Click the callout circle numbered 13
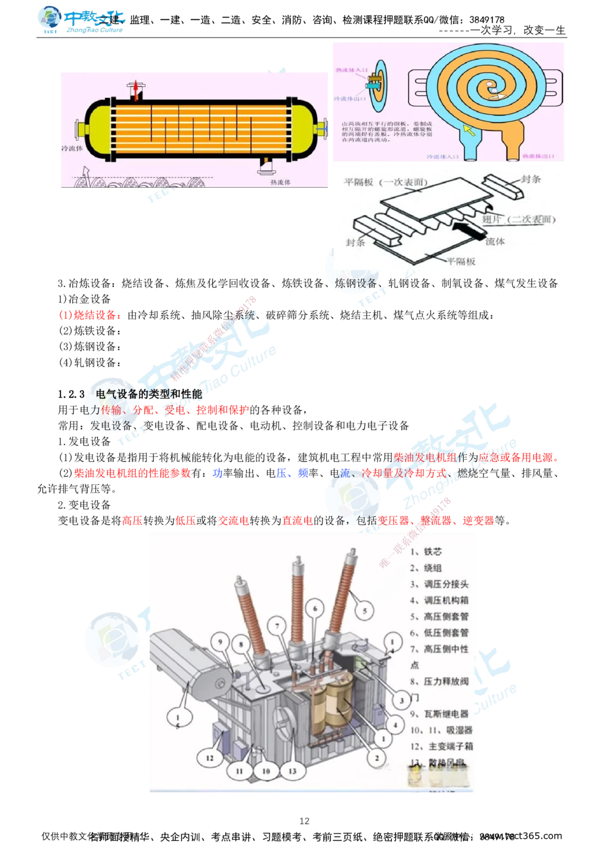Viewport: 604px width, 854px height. [293, 771]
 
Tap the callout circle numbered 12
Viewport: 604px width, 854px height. [210, 758]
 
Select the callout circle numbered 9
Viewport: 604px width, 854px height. [220, 642]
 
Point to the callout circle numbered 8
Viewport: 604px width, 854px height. [241, 645]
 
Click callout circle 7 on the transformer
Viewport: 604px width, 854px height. [278, 626]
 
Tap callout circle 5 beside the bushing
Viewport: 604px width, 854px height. [364, 611]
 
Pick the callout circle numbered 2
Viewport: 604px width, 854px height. [376, 757]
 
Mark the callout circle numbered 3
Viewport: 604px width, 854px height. [401, 701]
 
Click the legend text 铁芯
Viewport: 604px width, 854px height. [432, 551]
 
